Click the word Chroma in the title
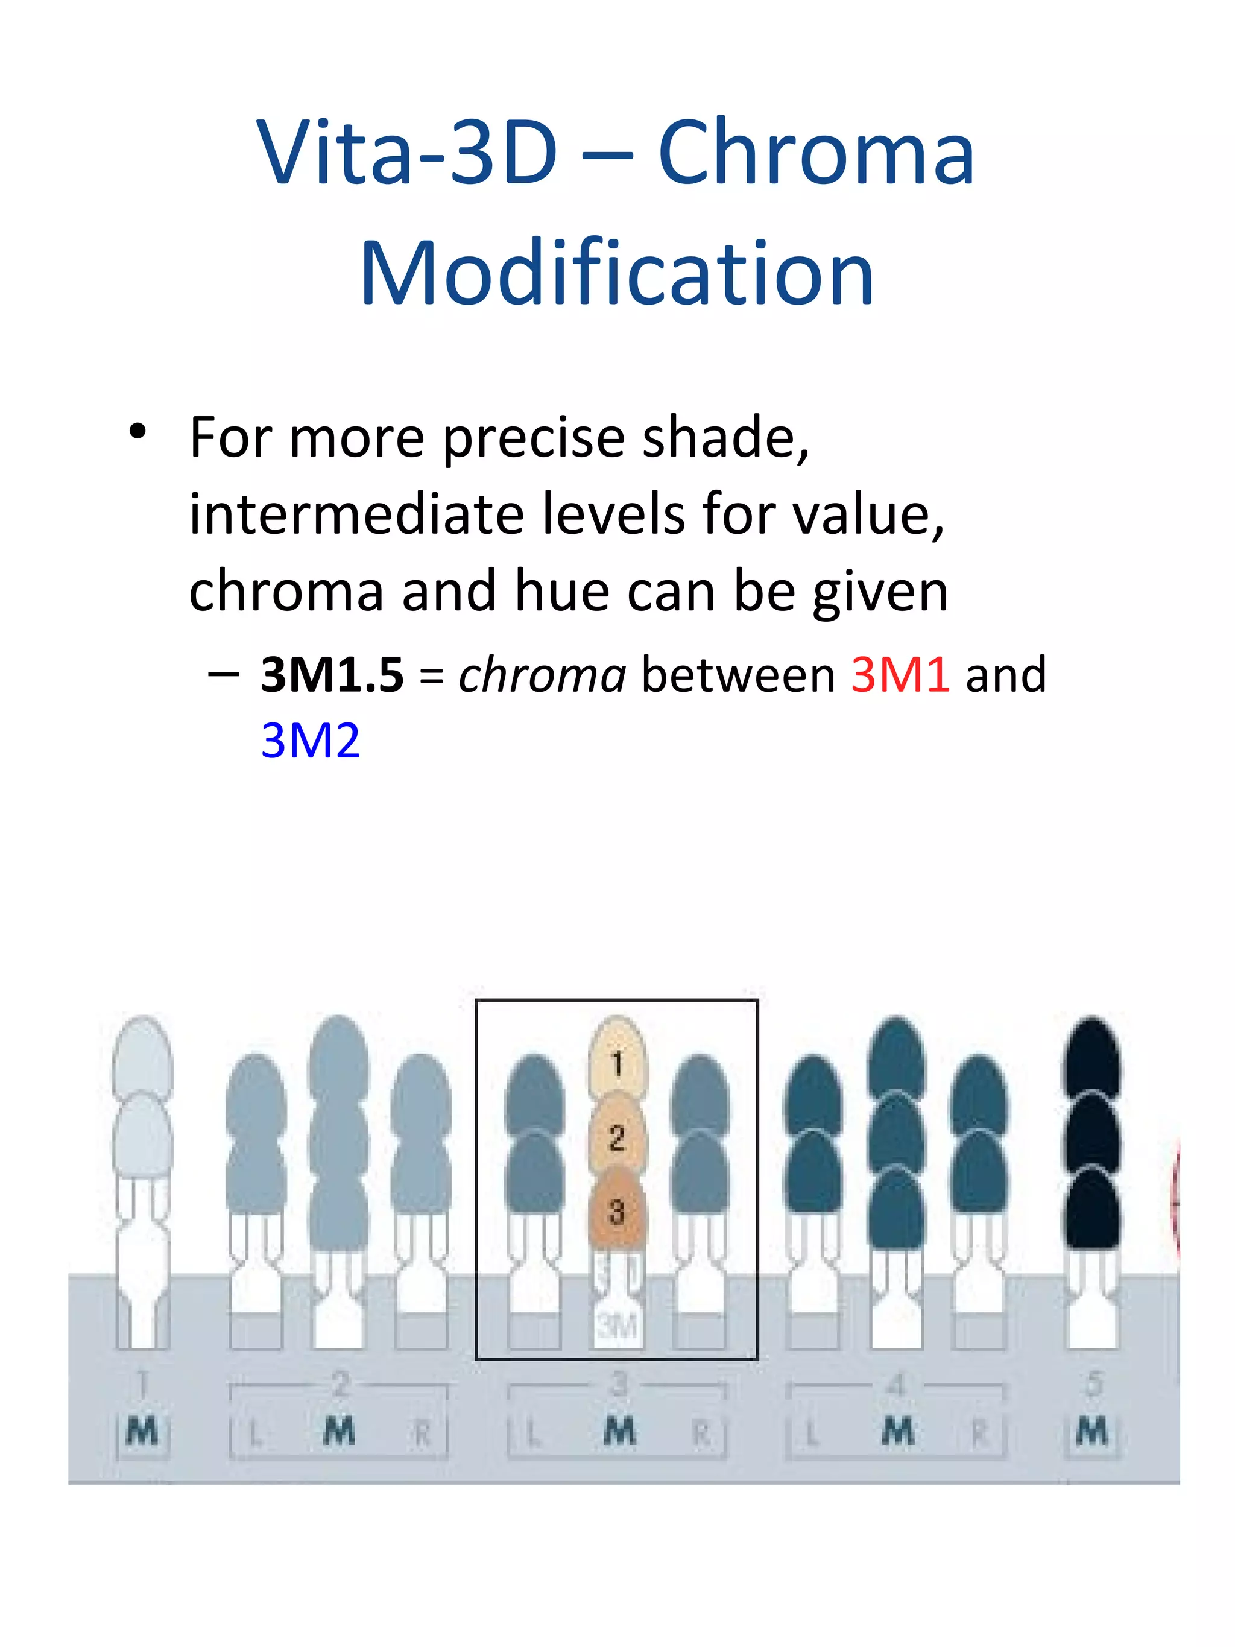click(816, 154)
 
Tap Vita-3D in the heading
click(407, 154)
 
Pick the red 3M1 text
click(900, 675)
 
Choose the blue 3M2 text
click(311, 742)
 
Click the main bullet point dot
click(137, 432)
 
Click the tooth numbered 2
click(617, 1137)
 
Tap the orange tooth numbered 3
click(617, 1212)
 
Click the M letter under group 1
click(143, 1430)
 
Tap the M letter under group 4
click(898, 1430)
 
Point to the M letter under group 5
click(1092, 1430)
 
